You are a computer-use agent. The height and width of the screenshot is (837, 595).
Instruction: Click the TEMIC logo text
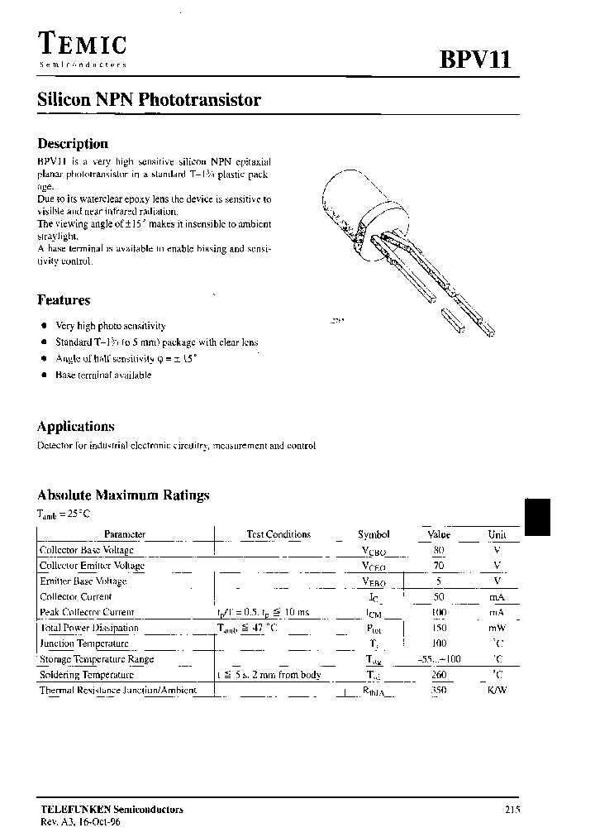pos(82,45)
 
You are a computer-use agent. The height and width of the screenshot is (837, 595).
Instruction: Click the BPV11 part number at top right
pos(474,61)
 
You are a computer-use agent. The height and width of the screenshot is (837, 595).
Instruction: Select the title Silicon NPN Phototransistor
pos(150,101)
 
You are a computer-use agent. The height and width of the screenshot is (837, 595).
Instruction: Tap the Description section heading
pos(73,144)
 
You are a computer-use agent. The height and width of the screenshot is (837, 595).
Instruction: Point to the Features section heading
pos(64,300)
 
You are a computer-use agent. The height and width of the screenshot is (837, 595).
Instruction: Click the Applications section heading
pos(75,427)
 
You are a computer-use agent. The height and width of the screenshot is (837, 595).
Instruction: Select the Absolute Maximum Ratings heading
pos(123,495)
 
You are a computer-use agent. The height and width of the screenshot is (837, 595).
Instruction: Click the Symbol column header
pos(374,535)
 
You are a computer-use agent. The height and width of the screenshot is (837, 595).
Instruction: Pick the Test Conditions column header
pos(278,535)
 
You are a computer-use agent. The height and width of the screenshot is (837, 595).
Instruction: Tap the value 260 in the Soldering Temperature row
pos(438,674)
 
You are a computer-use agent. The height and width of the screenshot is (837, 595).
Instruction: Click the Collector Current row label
pos(75,596)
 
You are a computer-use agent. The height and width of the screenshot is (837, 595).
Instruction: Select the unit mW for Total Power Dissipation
pos(497,628)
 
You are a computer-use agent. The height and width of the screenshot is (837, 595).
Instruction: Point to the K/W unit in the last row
pos(497,690)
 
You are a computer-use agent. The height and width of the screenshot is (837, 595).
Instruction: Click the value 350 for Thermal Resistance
pos(438,690)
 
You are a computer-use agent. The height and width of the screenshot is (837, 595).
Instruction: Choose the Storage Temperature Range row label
pos(96,659)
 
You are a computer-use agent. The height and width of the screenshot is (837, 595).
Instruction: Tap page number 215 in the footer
pos(512,811)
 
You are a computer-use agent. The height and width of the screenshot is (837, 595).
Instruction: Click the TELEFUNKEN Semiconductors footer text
pos(111,810)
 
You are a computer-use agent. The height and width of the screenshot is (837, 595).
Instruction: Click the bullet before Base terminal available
pos(43,375)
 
